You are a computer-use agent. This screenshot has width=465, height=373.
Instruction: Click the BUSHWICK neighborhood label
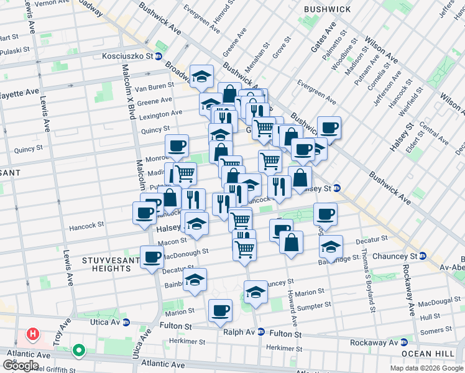pos(328,9)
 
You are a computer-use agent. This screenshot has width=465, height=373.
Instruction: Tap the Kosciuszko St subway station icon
pos(159,57)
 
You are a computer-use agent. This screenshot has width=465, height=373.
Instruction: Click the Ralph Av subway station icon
pos(261,332)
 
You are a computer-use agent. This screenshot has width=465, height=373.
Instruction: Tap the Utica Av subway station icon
pos(126,322)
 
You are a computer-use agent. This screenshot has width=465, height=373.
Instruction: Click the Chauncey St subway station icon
pos(422,256)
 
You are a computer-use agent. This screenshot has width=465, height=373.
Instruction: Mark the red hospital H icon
pos(32,334)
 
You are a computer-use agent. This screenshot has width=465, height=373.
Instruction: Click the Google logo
pos(21,366)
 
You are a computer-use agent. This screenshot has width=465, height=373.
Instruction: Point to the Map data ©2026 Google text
pos(426,368)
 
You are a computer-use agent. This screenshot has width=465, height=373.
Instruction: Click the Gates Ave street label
pos(328,37)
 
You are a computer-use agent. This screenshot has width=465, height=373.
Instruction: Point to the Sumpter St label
pos(314,306)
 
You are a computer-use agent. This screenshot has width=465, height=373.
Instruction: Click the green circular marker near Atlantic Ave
pos(78,351)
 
